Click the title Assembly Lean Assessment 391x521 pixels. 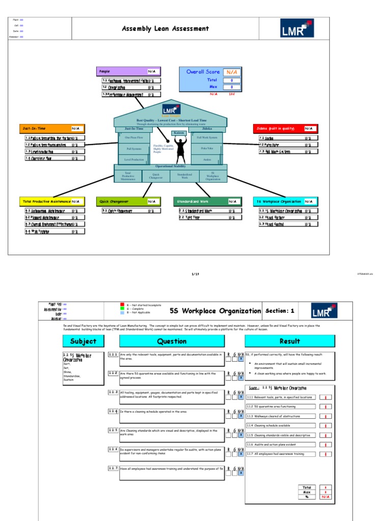(165, 29)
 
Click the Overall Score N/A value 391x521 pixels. (232, 72)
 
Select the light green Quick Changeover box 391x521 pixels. (128, 201)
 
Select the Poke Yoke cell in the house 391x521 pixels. (207, 149)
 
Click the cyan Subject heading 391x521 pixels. (83, 341)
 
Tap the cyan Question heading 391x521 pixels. (172, 341)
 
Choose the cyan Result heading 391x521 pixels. (290, 341)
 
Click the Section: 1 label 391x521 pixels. (280, 311)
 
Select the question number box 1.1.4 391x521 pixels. (113, 411)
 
